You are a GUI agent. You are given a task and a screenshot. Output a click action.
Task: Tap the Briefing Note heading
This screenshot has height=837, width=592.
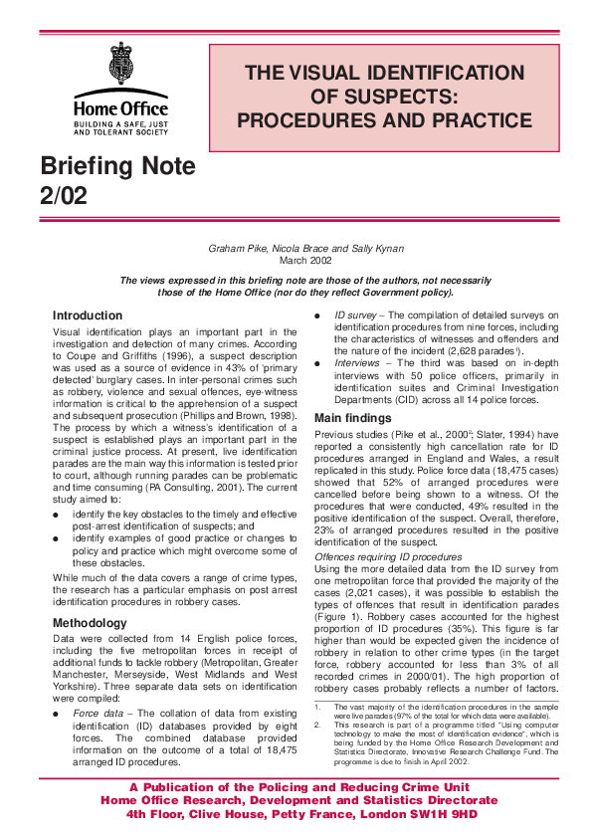117,165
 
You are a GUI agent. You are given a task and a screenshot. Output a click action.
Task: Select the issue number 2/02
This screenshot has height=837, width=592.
64,196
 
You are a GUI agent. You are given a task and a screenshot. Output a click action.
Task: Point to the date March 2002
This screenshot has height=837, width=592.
305,261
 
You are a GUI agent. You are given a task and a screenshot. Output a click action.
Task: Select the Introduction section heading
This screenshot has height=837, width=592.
88,315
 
